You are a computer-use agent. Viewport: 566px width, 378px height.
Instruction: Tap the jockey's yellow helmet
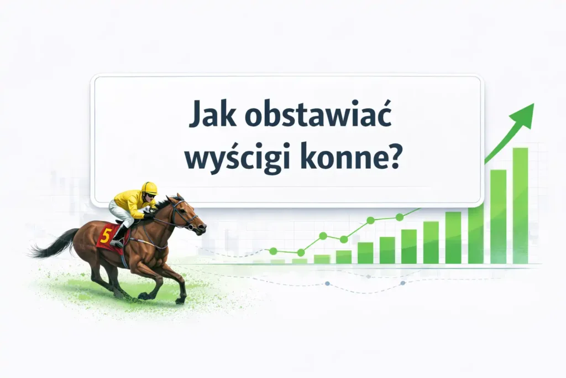[x=149, y=188]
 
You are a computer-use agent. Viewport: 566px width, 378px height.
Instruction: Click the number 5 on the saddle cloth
[x=106, y=236]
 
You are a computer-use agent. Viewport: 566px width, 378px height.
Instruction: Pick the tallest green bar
[x=520, y=206]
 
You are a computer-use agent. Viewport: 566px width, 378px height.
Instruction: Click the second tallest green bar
[x=498, y=216]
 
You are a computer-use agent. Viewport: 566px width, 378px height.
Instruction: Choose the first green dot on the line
[x=273, y=251]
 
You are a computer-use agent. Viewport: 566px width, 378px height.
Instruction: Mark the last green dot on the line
[x=400, y=217]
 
